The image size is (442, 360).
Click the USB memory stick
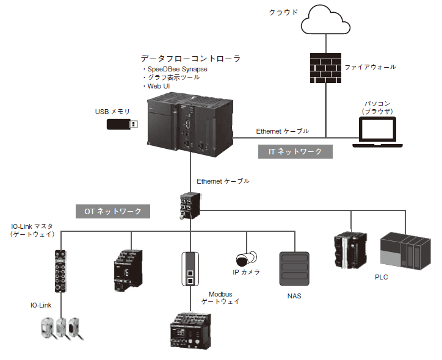pos(123,124)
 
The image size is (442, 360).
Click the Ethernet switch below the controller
pos(190,203)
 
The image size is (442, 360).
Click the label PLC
pos(381,277)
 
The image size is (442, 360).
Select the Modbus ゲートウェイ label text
pos(220,297)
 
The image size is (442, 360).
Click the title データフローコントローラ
pos(190,59)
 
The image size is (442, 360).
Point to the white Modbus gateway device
pos(190,268)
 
